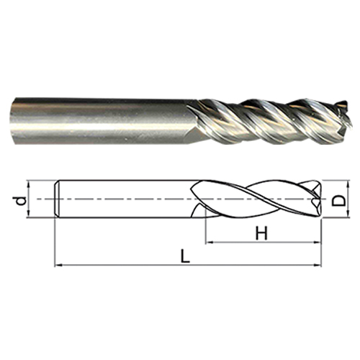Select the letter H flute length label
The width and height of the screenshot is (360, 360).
point(261,233)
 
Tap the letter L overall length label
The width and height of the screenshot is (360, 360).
point(185,256)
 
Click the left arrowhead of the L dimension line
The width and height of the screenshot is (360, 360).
point(58,265)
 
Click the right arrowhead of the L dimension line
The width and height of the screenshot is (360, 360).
point(318,265)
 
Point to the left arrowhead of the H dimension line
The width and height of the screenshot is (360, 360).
point(210,243)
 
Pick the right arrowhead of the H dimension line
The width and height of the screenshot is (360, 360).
point(318,243)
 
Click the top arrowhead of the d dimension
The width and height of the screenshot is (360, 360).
point(29,184)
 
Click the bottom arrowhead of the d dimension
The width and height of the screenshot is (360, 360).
point(29,214)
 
